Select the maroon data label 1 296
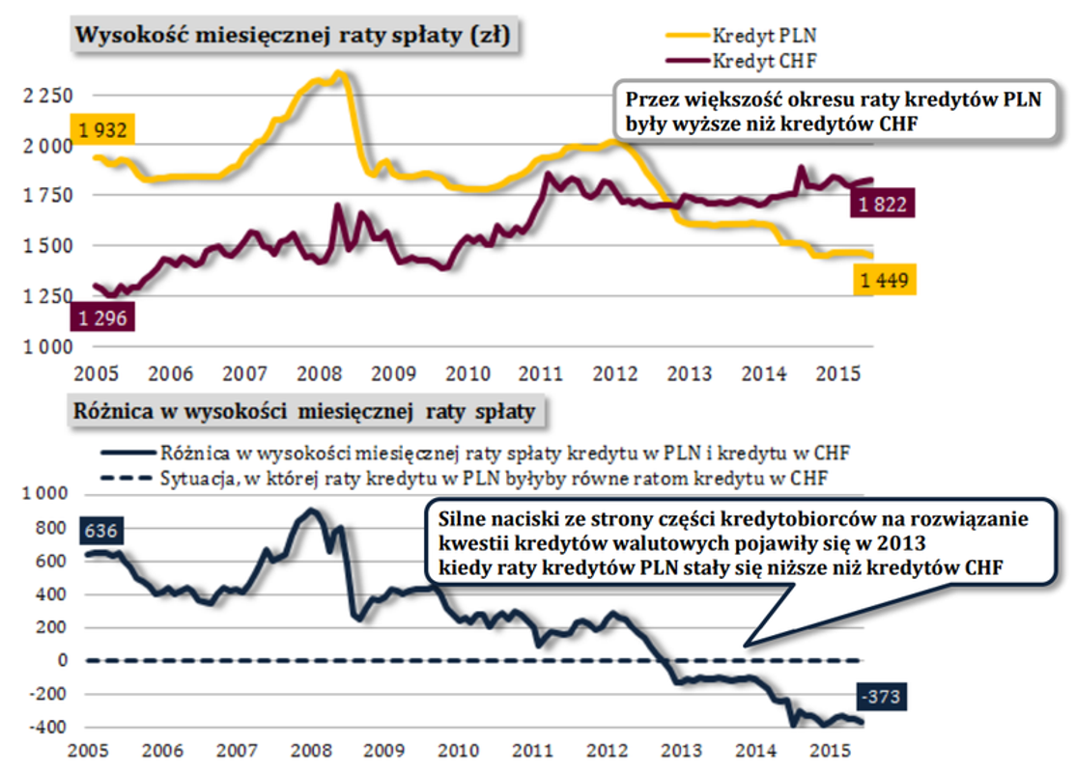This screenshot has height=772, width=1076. (x=101, y=317)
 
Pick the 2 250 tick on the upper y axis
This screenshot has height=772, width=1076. (x=45, y=96)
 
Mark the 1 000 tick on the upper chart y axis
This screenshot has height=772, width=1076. (x=45, y=346)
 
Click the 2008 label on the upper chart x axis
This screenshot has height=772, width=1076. (x=317, y=373)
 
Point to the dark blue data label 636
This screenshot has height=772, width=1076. (x=101, y=532)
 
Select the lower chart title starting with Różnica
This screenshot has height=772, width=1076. (x=304, y=413)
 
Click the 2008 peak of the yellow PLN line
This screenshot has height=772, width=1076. (x=337, y=72)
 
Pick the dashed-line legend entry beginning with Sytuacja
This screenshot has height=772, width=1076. (x=493, y=477)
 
